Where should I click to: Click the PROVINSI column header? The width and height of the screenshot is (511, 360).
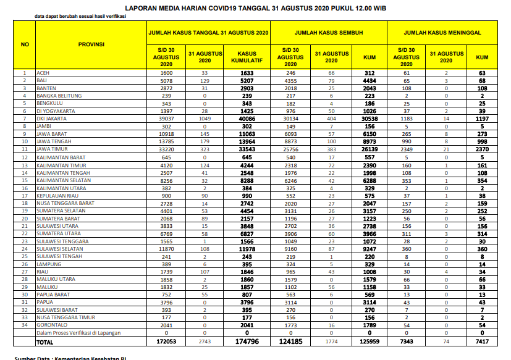click(x=91, y=44)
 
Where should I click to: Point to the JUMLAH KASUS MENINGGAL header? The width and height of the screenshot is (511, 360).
click(x=442, y=31)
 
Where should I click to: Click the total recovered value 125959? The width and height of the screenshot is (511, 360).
click(x=370, y=341)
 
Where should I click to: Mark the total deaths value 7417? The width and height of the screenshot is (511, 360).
click(x=482, y=341)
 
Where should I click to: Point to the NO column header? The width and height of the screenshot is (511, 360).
click(x=25, y=44)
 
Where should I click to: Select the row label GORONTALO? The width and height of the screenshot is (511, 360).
click(x=52, y=325)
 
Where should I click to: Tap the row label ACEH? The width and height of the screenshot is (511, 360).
click(x=43, y=72)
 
